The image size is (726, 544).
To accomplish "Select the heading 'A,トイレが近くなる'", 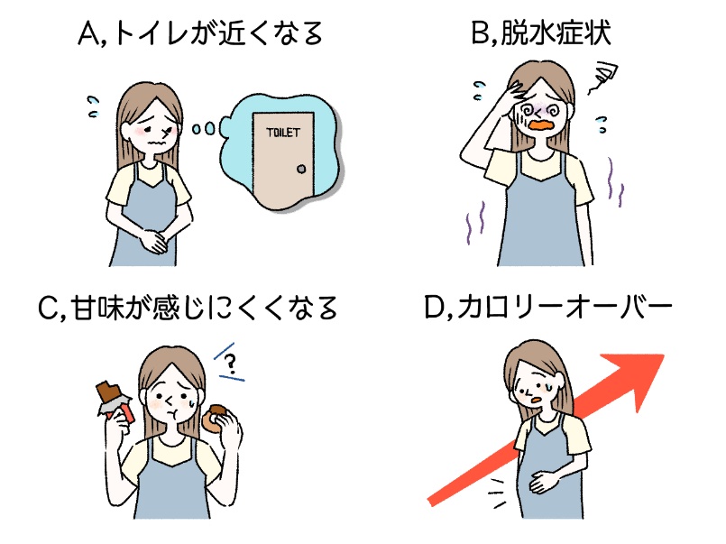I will pos(199,36).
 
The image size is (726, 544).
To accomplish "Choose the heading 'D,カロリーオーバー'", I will pos(547,309).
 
